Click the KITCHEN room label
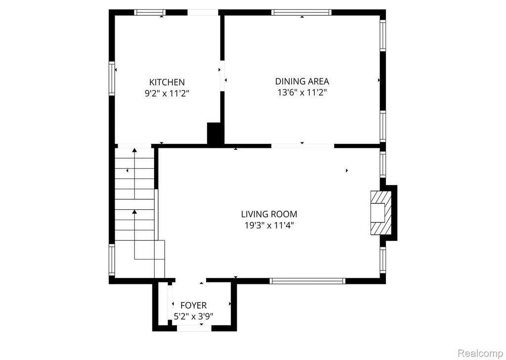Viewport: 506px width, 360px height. [x=167, y=82]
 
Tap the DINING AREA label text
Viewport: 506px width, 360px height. [x=302, y=81]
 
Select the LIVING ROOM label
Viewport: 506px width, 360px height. [x=269, y=214]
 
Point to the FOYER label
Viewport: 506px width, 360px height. [x=193, y=305]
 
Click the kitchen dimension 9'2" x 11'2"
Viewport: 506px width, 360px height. [x=167, y=93]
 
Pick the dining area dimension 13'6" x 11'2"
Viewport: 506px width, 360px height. [x=302, y=92]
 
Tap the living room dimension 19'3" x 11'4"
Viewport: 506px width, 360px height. [x=269, y=225]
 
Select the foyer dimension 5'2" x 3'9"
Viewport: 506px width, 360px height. [x=193, y=316]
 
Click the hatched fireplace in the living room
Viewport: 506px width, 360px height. [x=381, y=213]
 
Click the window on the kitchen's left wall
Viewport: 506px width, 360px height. [x=112, y=78]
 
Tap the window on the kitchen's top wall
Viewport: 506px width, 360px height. [x=150, y=12]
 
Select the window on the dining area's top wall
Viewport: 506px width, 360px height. [x=301, y=12]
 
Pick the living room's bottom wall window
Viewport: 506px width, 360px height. [x=307, y=281]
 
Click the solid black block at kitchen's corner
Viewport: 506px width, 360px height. [x=215, y=134]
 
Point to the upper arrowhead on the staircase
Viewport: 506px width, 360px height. [x=134, y=150]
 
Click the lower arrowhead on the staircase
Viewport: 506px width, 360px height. [x=134, y=212]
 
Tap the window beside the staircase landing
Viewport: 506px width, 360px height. [x=112, y=260]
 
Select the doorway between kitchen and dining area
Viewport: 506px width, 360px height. [x=222, y=76]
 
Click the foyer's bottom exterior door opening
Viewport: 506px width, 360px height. [x=194, y=328]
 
